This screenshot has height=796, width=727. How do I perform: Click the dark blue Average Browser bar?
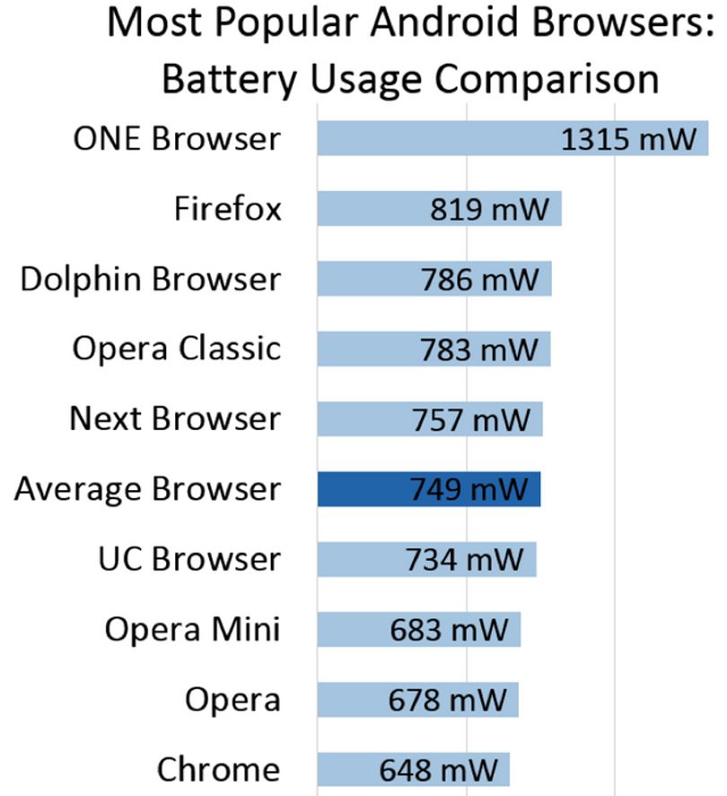[429, 489]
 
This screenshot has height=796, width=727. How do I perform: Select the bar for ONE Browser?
[512, 138]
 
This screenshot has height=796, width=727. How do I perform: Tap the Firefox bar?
[440, 208]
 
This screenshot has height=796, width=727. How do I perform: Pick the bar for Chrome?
[413, 769]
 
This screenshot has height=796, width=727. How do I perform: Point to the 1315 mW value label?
[628, 138]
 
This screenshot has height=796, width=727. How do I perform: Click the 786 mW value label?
[480, 279]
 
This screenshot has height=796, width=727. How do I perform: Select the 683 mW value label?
[449, 629]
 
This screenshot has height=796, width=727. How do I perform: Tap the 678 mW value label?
[447, 700]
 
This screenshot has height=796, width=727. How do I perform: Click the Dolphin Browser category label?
[150, 279]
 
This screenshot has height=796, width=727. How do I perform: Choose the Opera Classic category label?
[177, 349]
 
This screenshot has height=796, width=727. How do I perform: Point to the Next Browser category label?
[175, 418]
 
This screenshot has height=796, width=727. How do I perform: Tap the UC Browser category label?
[189, 559]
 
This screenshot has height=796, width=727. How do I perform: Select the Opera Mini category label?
[192, 629]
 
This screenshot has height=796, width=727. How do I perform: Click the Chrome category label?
[219, 769]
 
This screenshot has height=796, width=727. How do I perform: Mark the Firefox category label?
[227, 208]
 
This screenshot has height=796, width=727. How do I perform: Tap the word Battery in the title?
[229, 80]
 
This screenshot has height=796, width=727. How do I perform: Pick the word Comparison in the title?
[547, 80]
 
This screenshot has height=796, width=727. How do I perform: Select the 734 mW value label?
[464, 559]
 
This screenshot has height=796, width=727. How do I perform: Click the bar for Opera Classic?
[434, 349]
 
